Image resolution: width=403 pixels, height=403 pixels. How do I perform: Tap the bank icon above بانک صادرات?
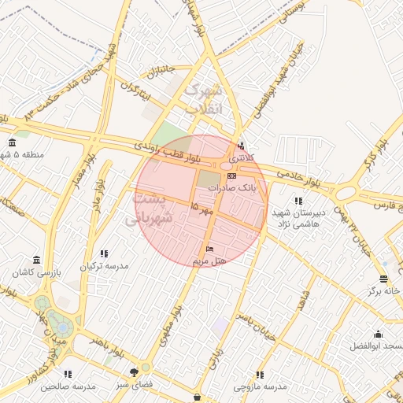pos(231,176)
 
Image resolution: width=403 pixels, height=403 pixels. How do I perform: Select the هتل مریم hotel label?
pos(209,261)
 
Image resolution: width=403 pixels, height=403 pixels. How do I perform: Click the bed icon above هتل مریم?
pos(209,249)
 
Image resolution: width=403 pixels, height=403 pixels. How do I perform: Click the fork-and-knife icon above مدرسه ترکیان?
pos(104,253)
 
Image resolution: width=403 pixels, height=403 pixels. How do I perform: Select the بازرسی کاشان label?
pos(36,272)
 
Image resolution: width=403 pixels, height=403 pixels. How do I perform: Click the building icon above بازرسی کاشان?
pos(36,260)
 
